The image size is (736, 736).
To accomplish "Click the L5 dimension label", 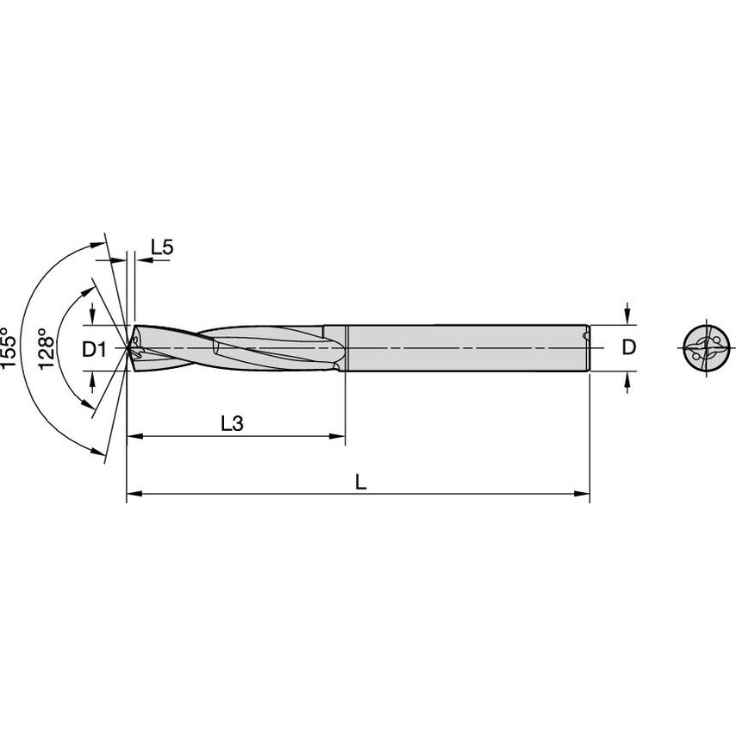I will pos(162,247).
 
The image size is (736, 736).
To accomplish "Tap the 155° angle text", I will pos(8,348).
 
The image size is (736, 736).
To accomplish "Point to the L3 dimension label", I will pos(233,423).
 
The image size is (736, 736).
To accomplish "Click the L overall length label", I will pos(361,483).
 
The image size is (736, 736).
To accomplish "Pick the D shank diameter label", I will pos(629,347).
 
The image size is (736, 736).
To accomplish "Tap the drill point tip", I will pos(128,347).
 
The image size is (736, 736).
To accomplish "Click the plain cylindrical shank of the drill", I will pos(465,347).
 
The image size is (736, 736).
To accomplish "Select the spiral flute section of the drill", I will pos(233,347).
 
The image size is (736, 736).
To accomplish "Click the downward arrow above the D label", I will pos(628,315).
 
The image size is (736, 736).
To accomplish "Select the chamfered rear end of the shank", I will pos(588,347).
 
